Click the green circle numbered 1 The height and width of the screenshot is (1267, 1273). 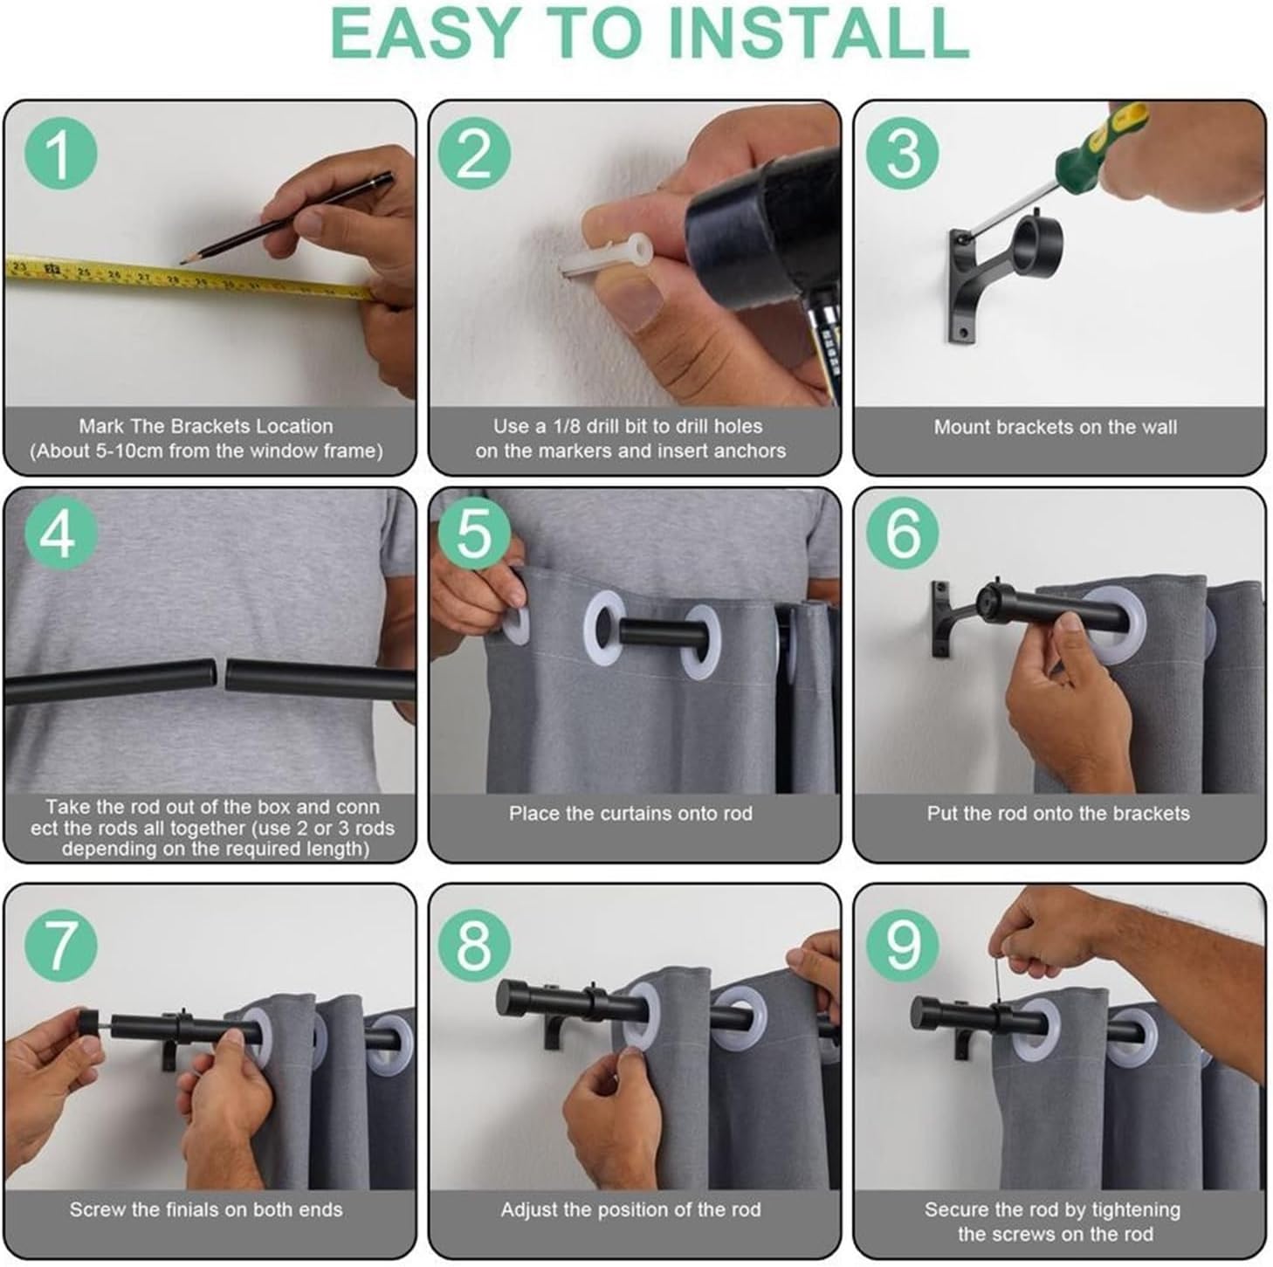coord(61,154)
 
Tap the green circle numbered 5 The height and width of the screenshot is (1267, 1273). coord(473,534)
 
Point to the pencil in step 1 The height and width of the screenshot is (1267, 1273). coord(286,218)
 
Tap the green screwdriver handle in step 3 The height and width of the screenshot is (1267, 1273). coord(1100,139)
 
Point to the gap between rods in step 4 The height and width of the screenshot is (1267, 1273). coord(221,675)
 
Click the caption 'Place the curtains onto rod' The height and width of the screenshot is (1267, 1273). coord(631,813)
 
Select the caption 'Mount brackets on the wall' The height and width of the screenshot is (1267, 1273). coord(1055,427)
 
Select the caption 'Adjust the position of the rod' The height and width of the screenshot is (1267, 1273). coord(631,1209)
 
